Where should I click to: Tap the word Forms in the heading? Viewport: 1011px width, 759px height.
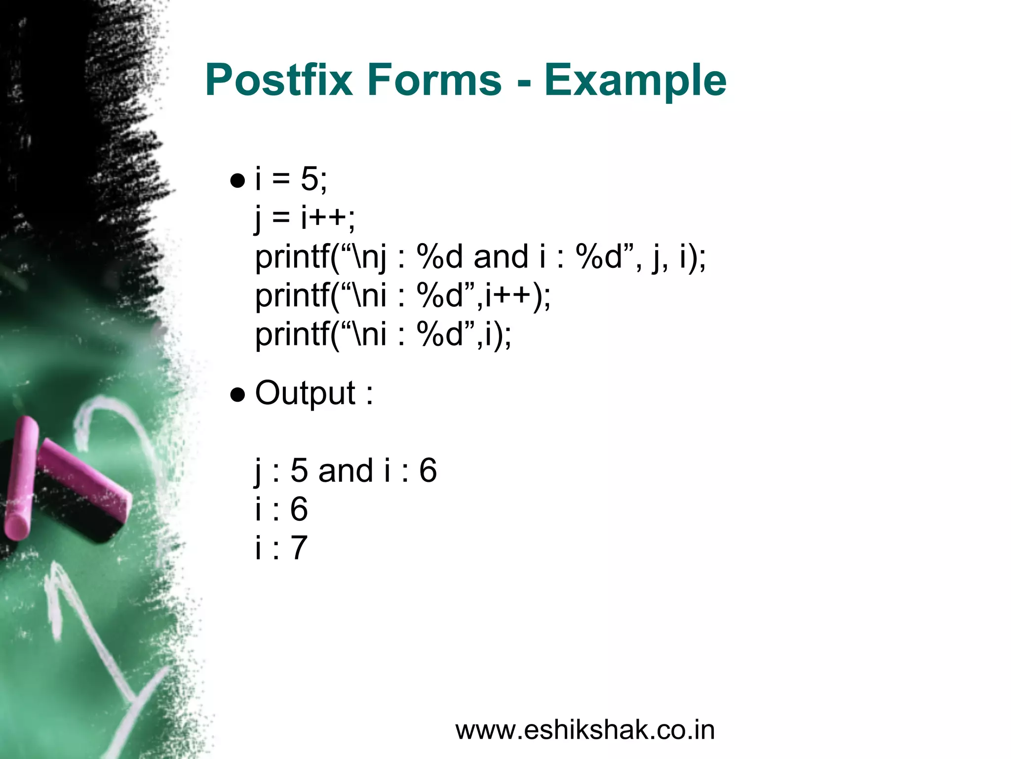coord(434,80)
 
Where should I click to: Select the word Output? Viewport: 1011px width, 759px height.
coord(305,394)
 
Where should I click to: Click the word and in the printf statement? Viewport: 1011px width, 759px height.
coord(501,257)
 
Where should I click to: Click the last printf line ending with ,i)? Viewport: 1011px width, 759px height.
coord(383,335)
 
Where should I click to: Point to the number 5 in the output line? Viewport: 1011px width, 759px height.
coord(299,470)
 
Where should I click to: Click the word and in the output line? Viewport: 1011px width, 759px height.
coord(346,470)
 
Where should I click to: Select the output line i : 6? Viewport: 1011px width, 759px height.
coord(281,509)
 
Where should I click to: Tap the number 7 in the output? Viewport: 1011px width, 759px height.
coord(299,548)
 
